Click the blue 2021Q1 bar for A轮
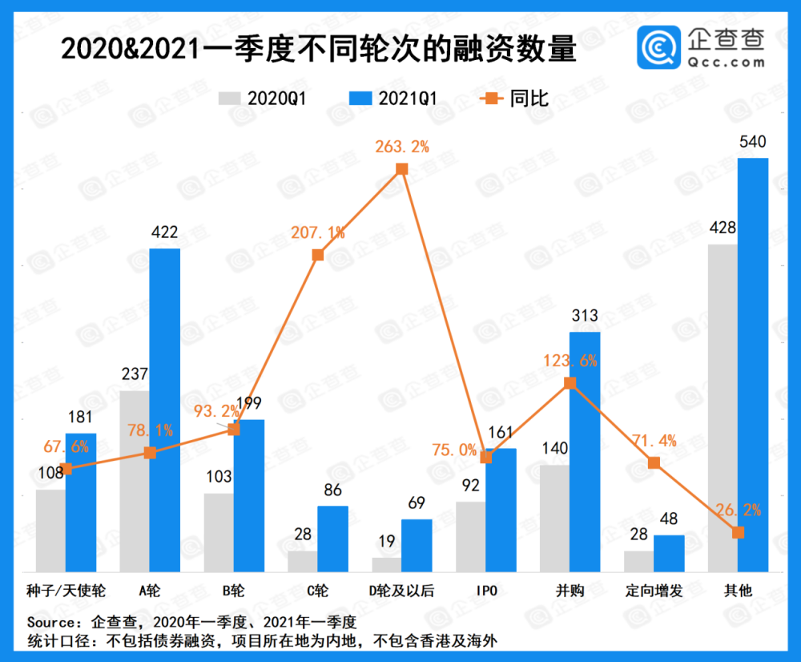point(165,409)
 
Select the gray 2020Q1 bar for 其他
point(723,409)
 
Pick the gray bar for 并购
point(554,517)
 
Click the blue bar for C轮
point(333,539)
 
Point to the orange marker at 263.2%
point(403,169)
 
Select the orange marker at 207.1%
point(318,255)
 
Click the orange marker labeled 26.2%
point(739,532)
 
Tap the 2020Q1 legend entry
point(264,99)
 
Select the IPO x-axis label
point(486,591)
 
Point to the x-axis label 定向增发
point(654,591)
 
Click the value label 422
point(165,233)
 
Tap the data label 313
point(585,317)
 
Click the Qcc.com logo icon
point(658,46)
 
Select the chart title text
point(318,50)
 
